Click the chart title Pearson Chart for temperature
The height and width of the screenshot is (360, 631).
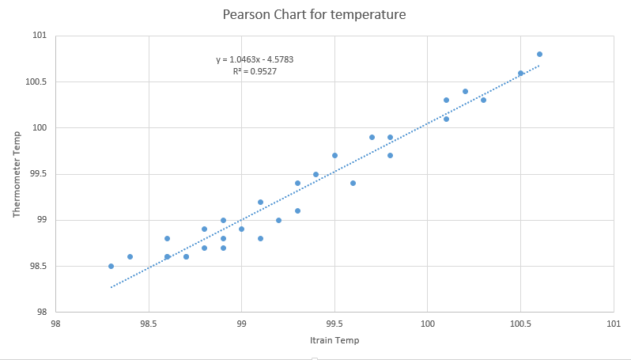(x=315, y=14)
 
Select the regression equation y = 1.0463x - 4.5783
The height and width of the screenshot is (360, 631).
(x=255, y=59)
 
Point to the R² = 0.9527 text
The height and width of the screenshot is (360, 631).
(x=255, y=71)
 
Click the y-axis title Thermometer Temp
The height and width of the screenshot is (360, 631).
(x=17, y=174)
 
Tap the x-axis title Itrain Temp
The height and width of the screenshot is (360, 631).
(x=334, y=340)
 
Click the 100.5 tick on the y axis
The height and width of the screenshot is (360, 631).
(x=37, y=82)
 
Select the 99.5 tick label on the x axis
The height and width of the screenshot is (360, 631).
(x=334, y=324)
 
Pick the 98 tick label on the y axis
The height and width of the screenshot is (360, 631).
(x=41, y=312)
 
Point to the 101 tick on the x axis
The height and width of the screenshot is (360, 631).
(x=614, y=324)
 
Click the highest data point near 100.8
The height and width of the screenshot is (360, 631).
(x=539, y=55)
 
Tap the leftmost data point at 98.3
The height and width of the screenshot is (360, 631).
(x=111, y=266)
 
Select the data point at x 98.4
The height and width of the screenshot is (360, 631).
(x=130, y=256)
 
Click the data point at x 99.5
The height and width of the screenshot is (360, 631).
(x=334, y=156)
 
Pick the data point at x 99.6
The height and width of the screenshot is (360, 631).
(x=353, y=183)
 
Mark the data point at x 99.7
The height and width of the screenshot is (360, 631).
(x=372, y=137)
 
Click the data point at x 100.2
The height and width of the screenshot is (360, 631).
(x=465, y=91)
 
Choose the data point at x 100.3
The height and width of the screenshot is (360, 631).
(x=483, y=100)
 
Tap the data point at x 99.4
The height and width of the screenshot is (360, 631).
(x=315, y=174)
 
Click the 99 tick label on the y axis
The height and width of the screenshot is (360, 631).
(x=41, y=220)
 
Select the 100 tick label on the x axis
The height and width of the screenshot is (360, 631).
(x=428, y=324)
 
